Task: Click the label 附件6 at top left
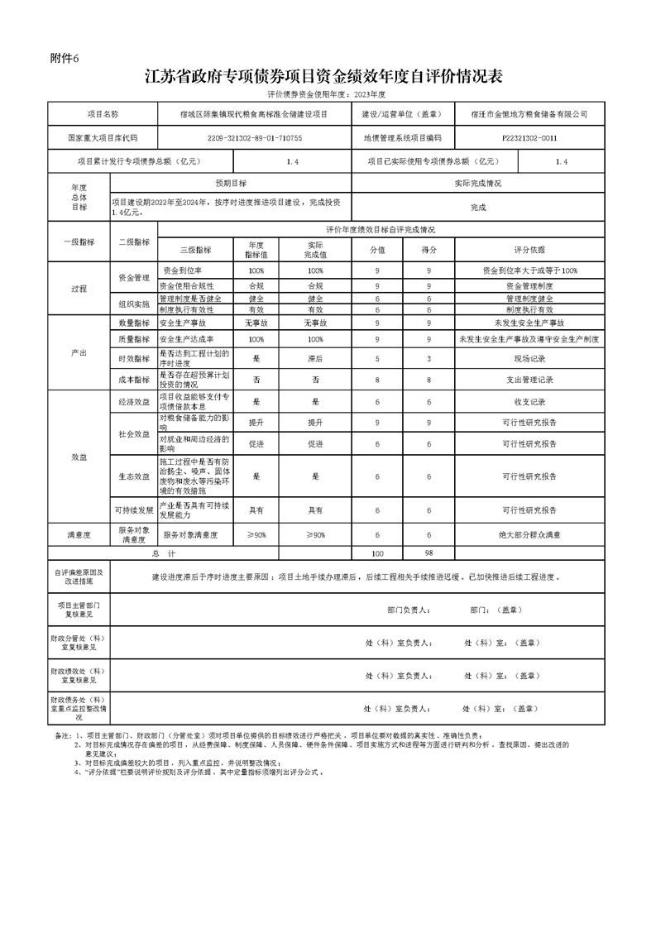pos(63,58)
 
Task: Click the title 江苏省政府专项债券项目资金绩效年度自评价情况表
pos(323,77)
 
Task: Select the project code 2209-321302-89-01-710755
pos(254,138)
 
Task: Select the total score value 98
pos(429,552)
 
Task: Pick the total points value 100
pos(377,552)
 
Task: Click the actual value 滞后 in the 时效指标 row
pos(315,359)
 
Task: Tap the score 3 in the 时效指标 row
pos(429,359)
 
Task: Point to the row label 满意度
pos(79,535)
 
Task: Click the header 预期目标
pos(231,183)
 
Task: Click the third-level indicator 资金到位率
pos(183,270)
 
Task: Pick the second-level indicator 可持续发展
pos(133,509)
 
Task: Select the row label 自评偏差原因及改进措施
pos(79,576)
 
